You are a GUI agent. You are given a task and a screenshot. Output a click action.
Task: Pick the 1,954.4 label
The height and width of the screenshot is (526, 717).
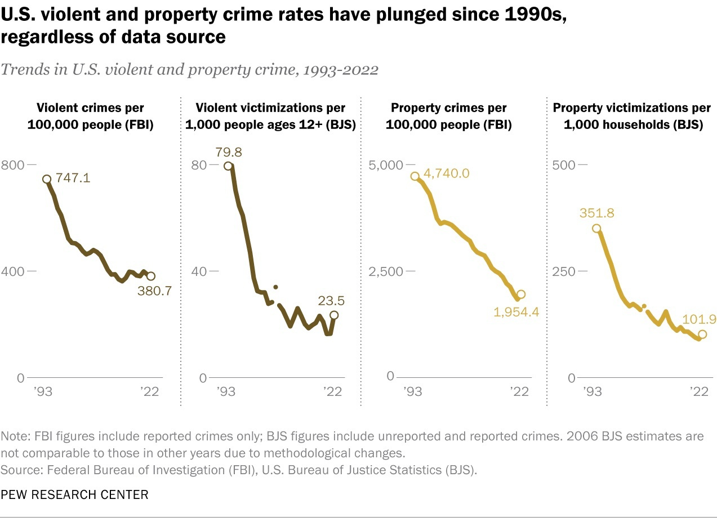[x=516, y=311]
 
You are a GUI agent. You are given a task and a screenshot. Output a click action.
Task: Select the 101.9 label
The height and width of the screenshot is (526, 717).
[x=700, y=319]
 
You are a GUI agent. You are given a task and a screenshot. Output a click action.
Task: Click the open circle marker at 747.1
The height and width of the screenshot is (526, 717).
[x=47, y=179]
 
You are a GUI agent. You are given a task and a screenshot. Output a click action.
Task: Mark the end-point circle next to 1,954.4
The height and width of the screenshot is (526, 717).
[x=521, y=294]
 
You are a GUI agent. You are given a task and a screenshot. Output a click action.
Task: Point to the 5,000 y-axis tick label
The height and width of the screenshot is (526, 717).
[x=386, y=164]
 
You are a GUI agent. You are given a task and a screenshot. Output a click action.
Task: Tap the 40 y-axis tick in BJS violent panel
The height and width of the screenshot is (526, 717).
[x=198, y=271]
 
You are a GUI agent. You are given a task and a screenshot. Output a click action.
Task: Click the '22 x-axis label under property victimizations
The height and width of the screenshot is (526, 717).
[x=700, y=392]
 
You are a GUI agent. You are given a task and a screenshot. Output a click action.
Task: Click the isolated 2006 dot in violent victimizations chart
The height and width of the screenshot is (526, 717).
[x=275, y=287]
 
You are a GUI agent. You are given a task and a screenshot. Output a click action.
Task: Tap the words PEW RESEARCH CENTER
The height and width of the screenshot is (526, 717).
[x=75, y=495]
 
